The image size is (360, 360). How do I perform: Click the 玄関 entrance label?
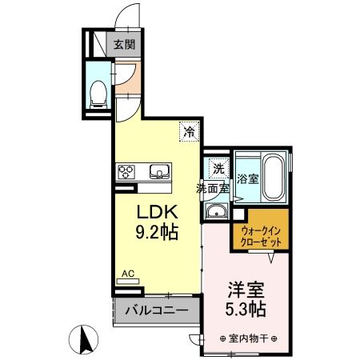click(x=123, y=45)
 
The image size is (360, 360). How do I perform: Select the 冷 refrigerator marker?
click(x=189, y=129)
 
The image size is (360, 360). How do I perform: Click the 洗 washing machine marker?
click(x=217, y=168)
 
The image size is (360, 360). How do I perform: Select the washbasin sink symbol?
click(x=217, y=212)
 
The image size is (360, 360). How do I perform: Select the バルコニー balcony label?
click(x=156, y=310)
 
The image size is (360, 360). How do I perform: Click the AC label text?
click(x=127, y=273)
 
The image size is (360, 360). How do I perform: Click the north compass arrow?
click(x=82, y=341)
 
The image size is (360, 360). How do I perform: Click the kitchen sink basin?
click(x=158, y=170)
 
